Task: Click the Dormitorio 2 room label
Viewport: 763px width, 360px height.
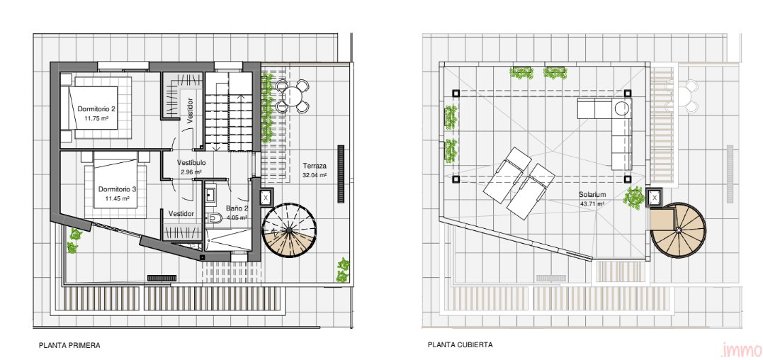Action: [x=97, y=109]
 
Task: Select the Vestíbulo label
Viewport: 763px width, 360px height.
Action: [x=191, y=163]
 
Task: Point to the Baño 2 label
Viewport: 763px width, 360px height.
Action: [x=237, y=209]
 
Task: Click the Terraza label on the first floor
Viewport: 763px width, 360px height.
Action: [x=314, y=165]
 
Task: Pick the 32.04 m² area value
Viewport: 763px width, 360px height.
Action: [x=315, y=175]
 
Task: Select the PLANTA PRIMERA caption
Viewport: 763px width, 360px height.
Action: [x=69, y=345]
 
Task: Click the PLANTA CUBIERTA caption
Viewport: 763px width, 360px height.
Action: [x=460, y=345]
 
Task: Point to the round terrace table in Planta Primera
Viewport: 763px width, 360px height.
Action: [x=293, y=96]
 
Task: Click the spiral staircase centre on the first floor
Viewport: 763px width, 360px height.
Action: [x=289, y=230]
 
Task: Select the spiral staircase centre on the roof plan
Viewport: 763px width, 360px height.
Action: [x=678, y=230]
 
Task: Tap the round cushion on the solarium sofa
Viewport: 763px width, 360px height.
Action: [x=622, y=108]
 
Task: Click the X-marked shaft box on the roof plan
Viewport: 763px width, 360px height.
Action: [x=655, y=198]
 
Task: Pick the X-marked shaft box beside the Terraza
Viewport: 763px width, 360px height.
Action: [x=266, y=198]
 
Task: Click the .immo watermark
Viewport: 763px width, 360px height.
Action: [x=741, y=350]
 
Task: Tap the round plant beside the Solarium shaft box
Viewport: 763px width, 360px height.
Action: [x=634, y=198]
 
